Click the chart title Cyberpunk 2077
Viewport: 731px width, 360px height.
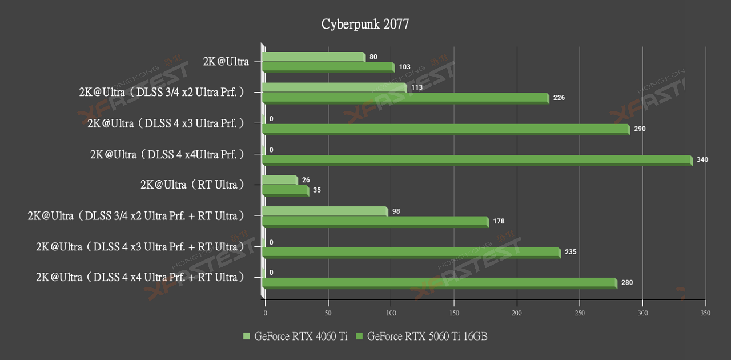365,24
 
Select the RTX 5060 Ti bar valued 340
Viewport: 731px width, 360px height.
477,160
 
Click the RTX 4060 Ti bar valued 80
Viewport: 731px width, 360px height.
314,57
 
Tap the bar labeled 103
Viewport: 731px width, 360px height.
328,67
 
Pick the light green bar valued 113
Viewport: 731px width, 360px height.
334,87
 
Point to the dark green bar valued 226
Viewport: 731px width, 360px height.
405,98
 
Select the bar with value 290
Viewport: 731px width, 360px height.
445,129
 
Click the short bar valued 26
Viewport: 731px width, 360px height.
280,180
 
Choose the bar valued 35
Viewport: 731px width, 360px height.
285,190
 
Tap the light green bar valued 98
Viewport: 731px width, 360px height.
325,211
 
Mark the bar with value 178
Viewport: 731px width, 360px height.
375,222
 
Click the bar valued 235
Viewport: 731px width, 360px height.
411,253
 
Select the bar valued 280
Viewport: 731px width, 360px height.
439,283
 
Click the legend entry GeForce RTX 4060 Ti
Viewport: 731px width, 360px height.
295,337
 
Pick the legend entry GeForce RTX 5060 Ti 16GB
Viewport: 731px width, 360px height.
422,337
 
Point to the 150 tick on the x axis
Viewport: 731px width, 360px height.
454,313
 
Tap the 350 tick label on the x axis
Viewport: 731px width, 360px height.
706,313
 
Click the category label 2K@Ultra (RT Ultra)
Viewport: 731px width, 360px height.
192,185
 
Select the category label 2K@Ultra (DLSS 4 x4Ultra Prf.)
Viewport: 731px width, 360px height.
167,154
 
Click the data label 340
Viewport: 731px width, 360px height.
702,159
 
